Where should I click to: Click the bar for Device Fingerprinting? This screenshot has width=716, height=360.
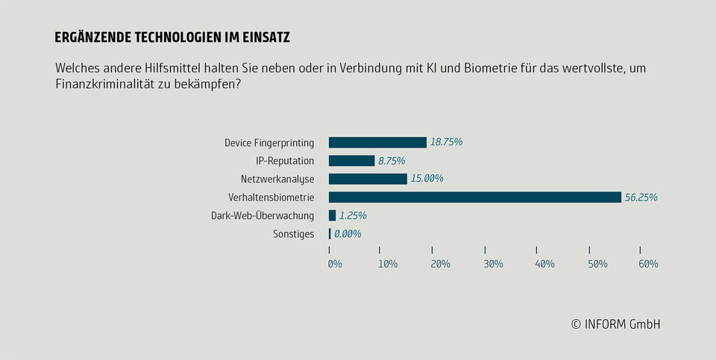(x=377, y=142)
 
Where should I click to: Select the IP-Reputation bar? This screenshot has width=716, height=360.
(x=351, y=160)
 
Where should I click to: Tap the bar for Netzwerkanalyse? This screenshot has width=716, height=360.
(x=368, y=179)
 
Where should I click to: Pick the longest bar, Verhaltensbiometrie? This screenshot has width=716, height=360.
(x=474, y=197)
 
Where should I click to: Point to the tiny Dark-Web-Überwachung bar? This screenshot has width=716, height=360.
(x=332, y=215)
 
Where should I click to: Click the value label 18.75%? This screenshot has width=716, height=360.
(x=447, y=142)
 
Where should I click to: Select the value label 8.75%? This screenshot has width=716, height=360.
(x=392, y=160)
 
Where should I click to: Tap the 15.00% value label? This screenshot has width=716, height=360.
(x=427, y=179)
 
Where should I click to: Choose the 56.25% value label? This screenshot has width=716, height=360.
(x=641, y=198)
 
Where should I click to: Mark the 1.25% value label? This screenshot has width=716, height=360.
(x=353, y=215)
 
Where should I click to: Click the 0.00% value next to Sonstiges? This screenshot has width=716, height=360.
(x=348, y=234)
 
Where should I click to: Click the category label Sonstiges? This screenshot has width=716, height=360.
(x=294, y=234)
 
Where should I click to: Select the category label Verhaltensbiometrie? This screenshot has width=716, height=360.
(x=271, y=198)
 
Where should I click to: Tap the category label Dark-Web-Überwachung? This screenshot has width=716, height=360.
(x=263, y=215)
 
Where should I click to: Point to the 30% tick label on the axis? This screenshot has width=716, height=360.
(x=493, y=264)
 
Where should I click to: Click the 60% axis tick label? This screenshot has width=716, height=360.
(x=647, y=264)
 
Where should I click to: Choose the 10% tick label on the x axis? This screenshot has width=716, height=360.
(x=387, y=264)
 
